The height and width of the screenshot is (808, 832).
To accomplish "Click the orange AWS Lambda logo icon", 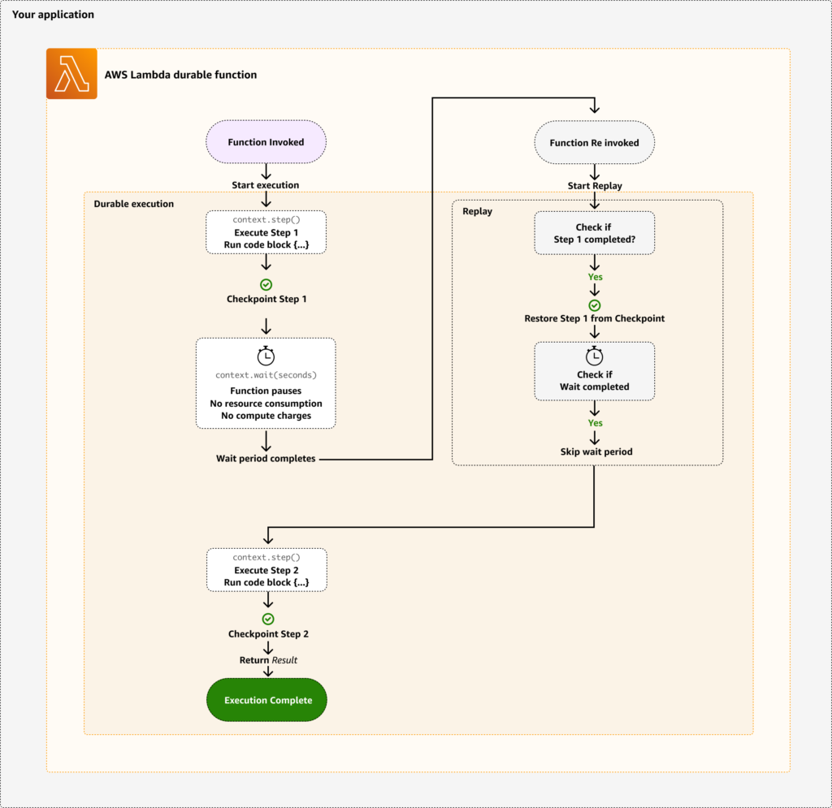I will tap(71, 74).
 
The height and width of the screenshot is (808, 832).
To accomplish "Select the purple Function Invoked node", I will tap(266, 142).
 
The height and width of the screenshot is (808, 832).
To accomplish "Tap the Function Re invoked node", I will tap(594, 143).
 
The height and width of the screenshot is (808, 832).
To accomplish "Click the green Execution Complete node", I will tap(267, 700).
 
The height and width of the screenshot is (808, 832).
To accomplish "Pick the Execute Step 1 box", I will tap(266, 232).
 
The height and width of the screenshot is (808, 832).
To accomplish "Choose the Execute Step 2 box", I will tap(266, 570).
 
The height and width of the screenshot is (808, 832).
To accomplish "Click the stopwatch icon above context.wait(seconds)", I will tap(266, 355).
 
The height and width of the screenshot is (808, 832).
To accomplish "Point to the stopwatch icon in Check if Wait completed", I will tap(595, 356).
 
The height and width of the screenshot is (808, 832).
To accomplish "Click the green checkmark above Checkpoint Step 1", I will tap(266, 284).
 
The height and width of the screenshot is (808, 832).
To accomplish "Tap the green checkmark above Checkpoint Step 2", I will tap(267, 619).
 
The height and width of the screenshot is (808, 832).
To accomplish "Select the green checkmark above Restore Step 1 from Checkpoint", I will tap(595, 305).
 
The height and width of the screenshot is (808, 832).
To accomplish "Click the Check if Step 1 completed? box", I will tap(595, 233).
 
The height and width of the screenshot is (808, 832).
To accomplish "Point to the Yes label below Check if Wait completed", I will tap(595, 423).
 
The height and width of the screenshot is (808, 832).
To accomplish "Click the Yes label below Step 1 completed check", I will tap(595, 277).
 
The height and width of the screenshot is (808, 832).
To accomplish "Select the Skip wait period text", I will tap(596, 452).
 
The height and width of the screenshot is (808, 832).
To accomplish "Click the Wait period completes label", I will tap(266, 459).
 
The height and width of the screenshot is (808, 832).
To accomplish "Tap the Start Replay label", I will tap(595, 186).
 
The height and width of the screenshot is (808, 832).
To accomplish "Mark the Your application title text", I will tap(53, 15).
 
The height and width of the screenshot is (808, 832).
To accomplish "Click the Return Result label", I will tap(268, 660).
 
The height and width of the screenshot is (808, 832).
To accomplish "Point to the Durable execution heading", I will tap(134, 204).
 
